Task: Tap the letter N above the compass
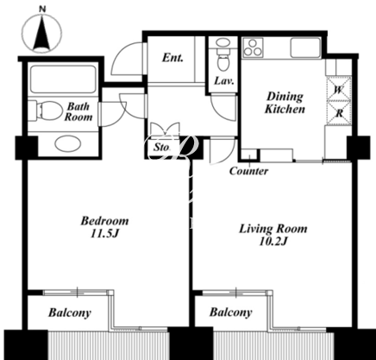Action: [x=42, y=9]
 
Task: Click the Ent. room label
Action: [x=172, y=58]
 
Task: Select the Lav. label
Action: [x=223, y=81]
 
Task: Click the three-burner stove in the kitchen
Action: [x=253, y=47]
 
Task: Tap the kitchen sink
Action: [x=305, y=47]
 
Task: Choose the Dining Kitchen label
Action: [x=285, y=103]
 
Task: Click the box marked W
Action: [x=339, y=89]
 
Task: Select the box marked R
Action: [x=339, y=113]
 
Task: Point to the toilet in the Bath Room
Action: [x=47, y=111]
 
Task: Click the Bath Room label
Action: [x=78, y=111]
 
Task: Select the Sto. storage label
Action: [x=162, y=148]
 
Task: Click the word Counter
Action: [x=248, y=171]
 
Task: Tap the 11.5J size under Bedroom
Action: [x=104, y=233]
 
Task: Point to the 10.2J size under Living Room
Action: [x=273, y=242]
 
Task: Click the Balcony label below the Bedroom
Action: [x=70, y=313]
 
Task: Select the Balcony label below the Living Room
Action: [x=231, y=313]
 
